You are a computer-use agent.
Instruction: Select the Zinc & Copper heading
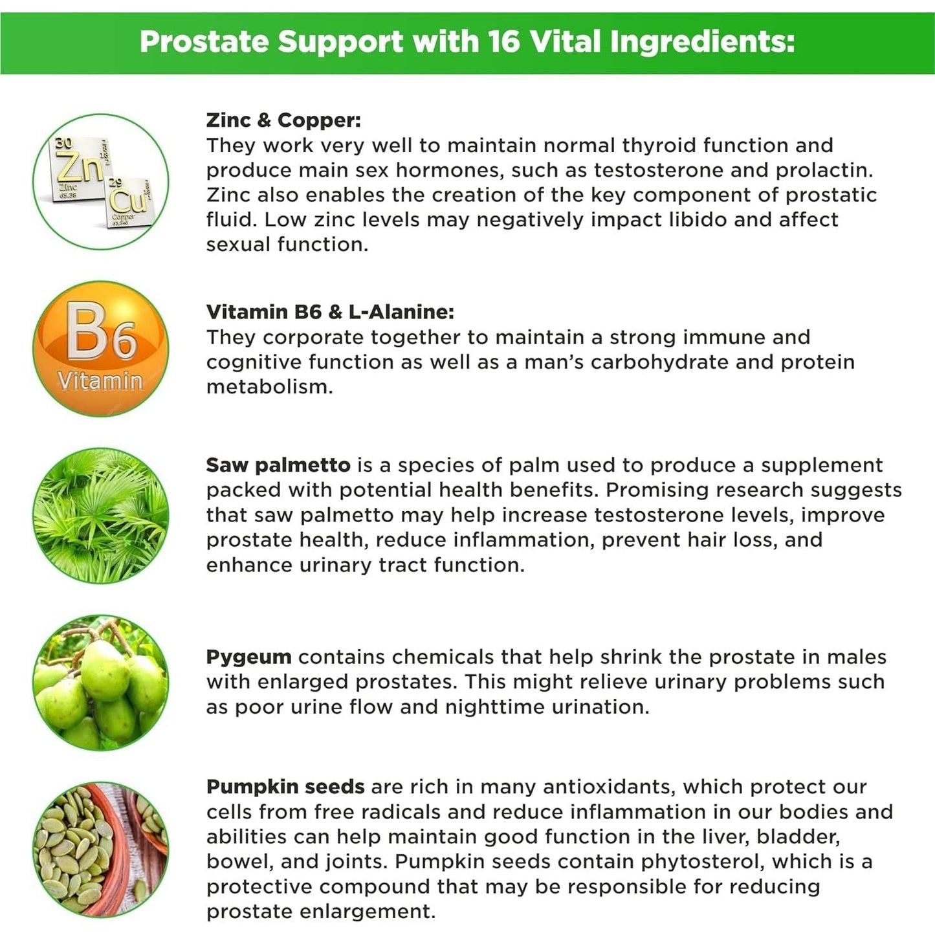283,120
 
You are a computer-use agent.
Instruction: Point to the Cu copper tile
128,201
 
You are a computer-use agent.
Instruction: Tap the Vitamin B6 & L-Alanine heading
330,312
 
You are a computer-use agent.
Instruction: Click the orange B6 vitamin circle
100,348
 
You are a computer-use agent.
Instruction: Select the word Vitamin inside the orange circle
100,380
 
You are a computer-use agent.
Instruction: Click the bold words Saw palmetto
278,465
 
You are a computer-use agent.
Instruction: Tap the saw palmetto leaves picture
100,516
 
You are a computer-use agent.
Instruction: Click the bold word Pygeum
248,657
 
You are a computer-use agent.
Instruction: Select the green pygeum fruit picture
100,683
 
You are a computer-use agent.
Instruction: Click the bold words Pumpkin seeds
285,787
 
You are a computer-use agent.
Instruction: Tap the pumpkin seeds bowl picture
100,850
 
